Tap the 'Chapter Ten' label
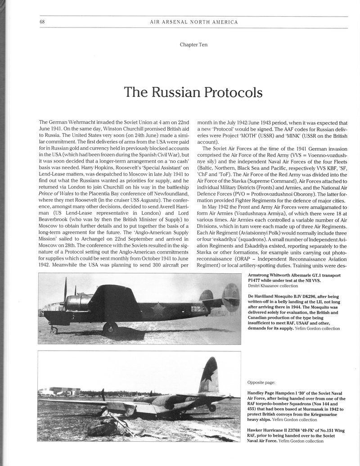(x=193, y=45)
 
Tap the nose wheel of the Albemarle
(x=54, y=330)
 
